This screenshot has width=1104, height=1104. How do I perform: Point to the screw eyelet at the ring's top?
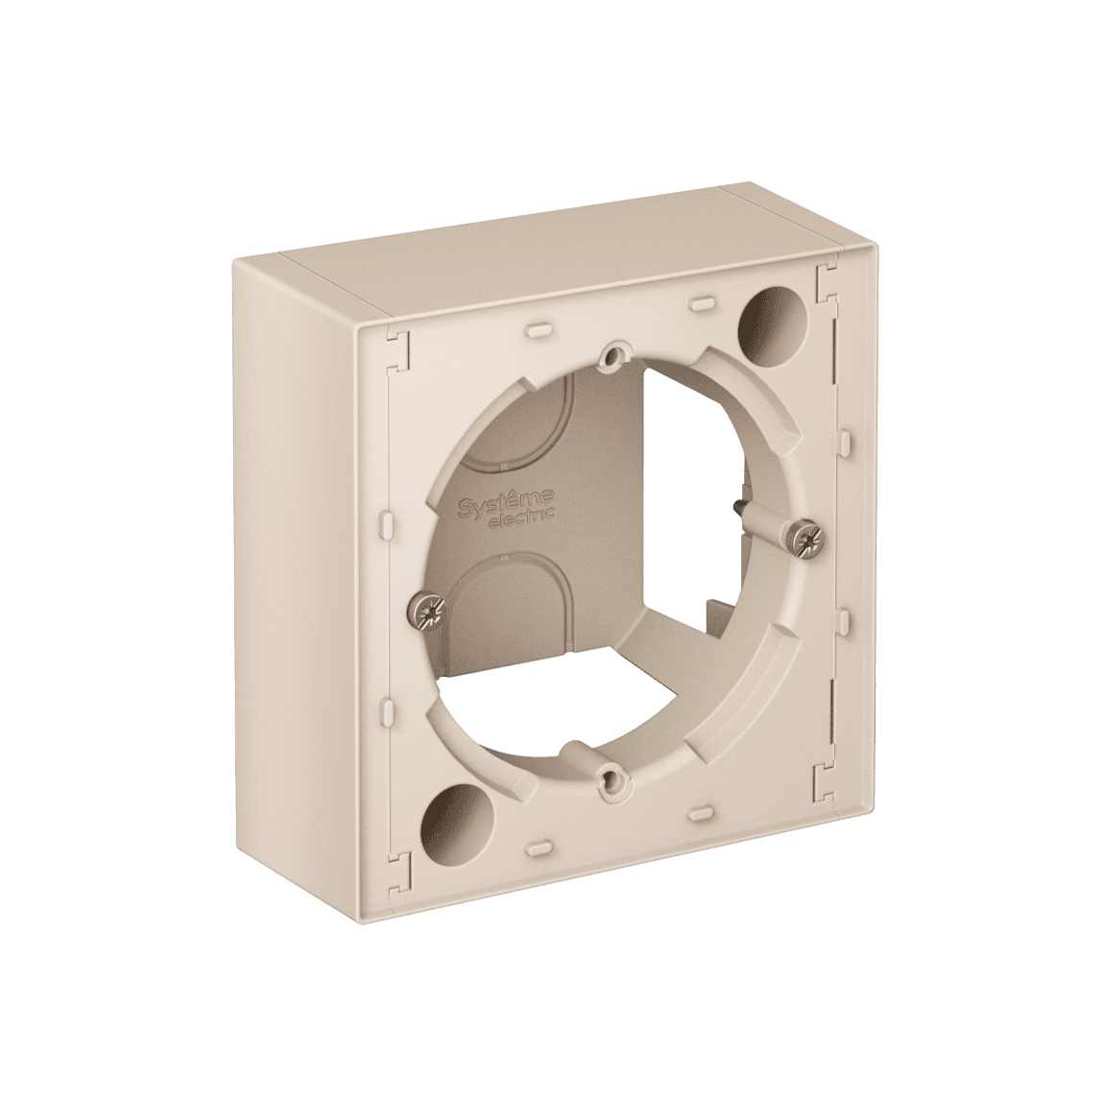point(608,356)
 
